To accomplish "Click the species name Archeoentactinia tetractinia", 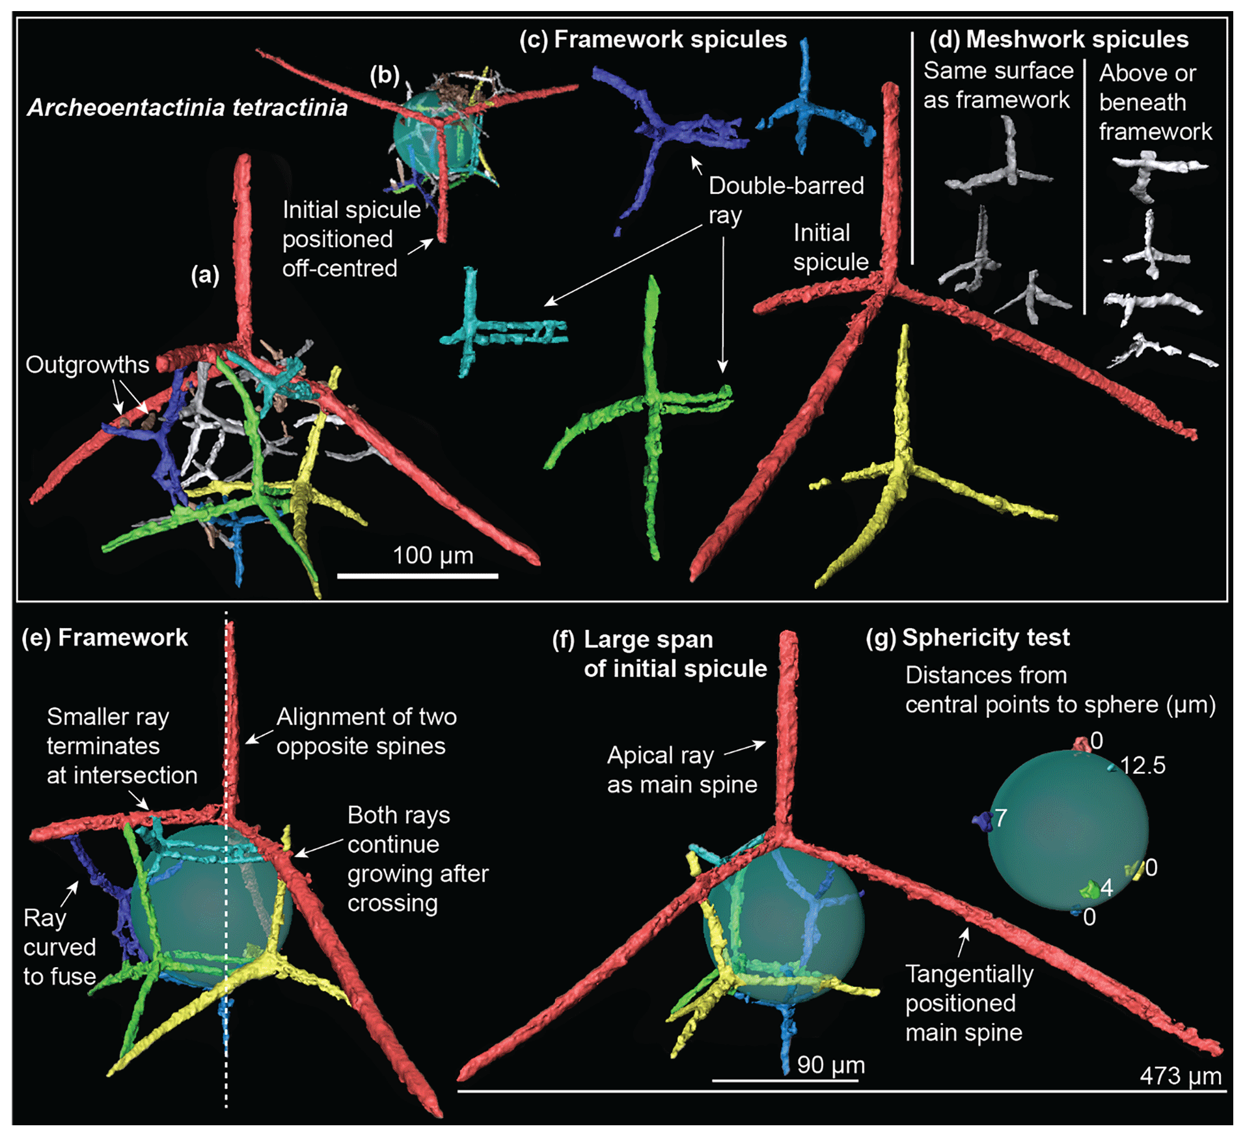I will point(187,107).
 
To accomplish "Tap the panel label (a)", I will point(205,275).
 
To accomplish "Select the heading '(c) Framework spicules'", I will point(653,40).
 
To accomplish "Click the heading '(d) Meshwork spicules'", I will point(1059,40).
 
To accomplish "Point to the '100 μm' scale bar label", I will point(433,555).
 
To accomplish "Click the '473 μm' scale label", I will point(1180,1075).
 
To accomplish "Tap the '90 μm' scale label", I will point(830,1064).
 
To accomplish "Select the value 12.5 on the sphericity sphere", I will point(1143,765).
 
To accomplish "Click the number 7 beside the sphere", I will point(1001,817).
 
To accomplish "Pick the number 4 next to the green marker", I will point(1106,888).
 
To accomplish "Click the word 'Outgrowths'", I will point(87,364).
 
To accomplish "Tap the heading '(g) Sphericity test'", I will point(968,637).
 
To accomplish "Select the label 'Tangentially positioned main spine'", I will point(968,1003).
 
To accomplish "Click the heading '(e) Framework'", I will point(105,637).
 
